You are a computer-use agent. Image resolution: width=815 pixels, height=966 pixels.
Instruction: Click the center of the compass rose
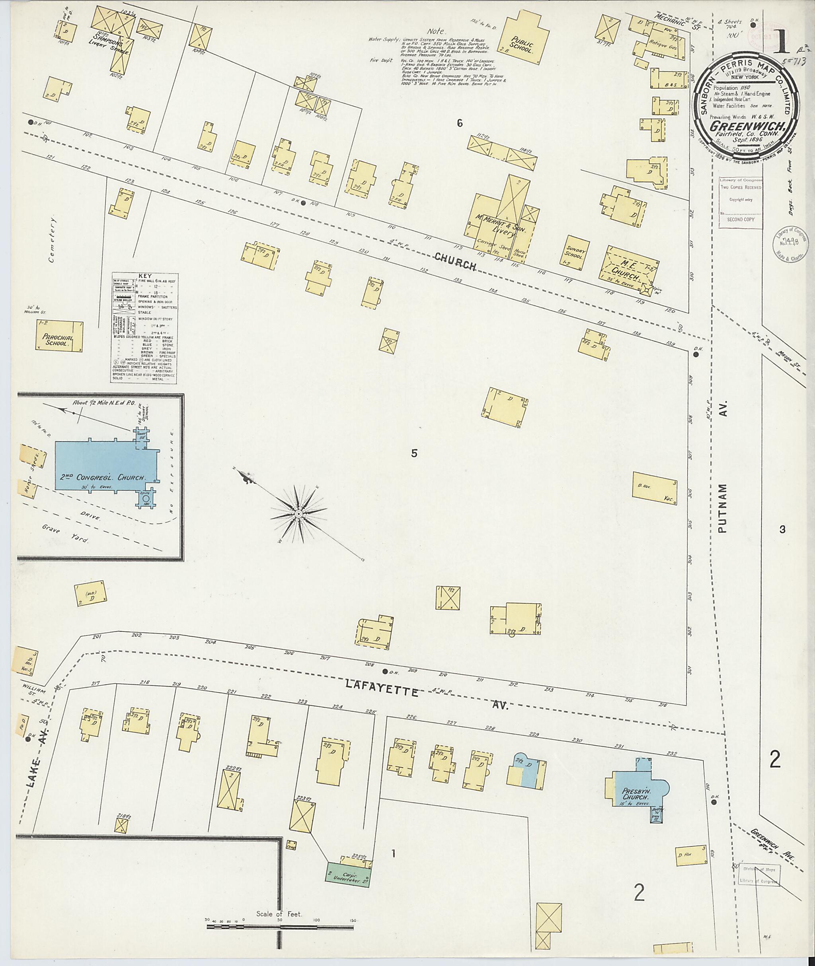coord(298,514)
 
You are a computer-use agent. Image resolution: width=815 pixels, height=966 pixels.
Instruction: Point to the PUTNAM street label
coord(724,508)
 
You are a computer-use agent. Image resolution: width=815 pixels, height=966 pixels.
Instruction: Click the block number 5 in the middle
coord(414,453)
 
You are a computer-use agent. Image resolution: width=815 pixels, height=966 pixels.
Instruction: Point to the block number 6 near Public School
coord(459,123)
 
